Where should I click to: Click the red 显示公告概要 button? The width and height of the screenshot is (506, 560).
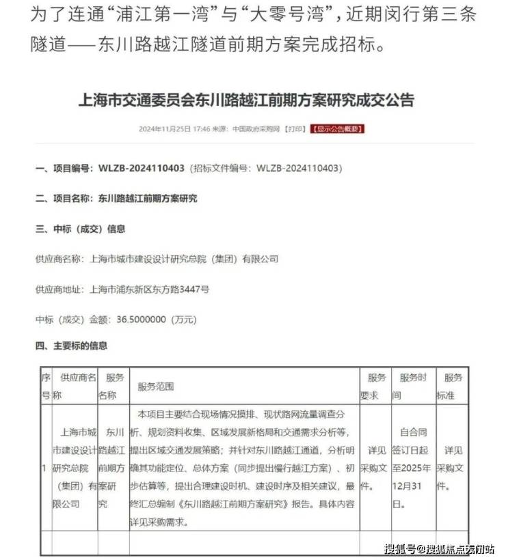(338, 129)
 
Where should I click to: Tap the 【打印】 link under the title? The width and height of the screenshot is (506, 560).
(295, 129)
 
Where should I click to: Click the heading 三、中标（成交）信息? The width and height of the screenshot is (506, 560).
(79, 229)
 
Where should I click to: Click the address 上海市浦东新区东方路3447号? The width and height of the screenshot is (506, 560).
(149, 289)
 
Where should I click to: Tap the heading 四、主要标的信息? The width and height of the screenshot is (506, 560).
(70, 346)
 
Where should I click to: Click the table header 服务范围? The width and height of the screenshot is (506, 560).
(155, 387)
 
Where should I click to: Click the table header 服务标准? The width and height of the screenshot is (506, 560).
(453, 386)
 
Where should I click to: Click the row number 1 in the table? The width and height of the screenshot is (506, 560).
(44, 468)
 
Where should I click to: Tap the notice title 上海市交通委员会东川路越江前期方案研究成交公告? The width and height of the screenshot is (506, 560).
(247, 100)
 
